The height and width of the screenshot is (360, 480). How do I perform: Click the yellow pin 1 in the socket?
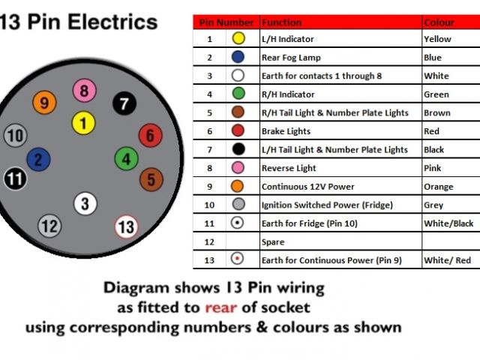[84, 123]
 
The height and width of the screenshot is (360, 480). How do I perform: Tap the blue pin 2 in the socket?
[38, 159]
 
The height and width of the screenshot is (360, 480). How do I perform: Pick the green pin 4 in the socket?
[126, 159]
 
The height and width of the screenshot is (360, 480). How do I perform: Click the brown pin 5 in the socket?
[151, 180]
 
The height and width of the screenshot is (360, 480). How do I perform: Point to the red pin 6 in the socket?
[150, 136]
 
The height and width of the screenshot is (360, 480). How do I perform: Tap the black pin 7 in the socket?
[124, 104]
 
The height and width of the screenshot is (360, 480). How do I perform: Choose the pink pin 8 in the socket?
[84, 92]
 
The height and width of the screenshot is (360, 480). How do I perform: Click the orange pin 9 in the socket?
[44, 103]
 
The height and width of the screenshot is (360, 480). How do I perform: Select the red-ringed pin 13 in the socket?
[126, 226]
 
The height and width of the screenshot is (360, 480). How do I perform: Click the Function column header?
[281, 22]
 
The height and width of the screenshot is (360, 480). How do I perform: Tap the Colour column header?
[439, 22]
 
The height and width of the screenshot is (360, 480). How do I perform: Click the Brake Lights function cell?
[286, 131]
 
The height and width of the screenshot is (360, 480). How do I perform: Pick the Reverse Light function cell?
[289, 168]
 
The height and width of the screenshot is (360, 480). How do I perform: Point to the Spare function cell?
[273, 242]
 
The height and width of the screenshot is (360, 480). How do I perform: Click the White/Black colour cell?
[448, 223]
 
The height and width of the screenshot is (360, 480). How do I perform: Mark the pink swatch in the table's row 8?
[238, 168]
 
